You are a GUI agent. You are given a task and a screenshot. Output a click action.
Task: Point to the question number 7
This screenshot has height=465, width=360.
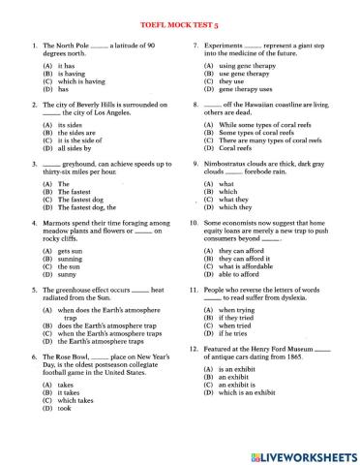pos(195,46)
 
